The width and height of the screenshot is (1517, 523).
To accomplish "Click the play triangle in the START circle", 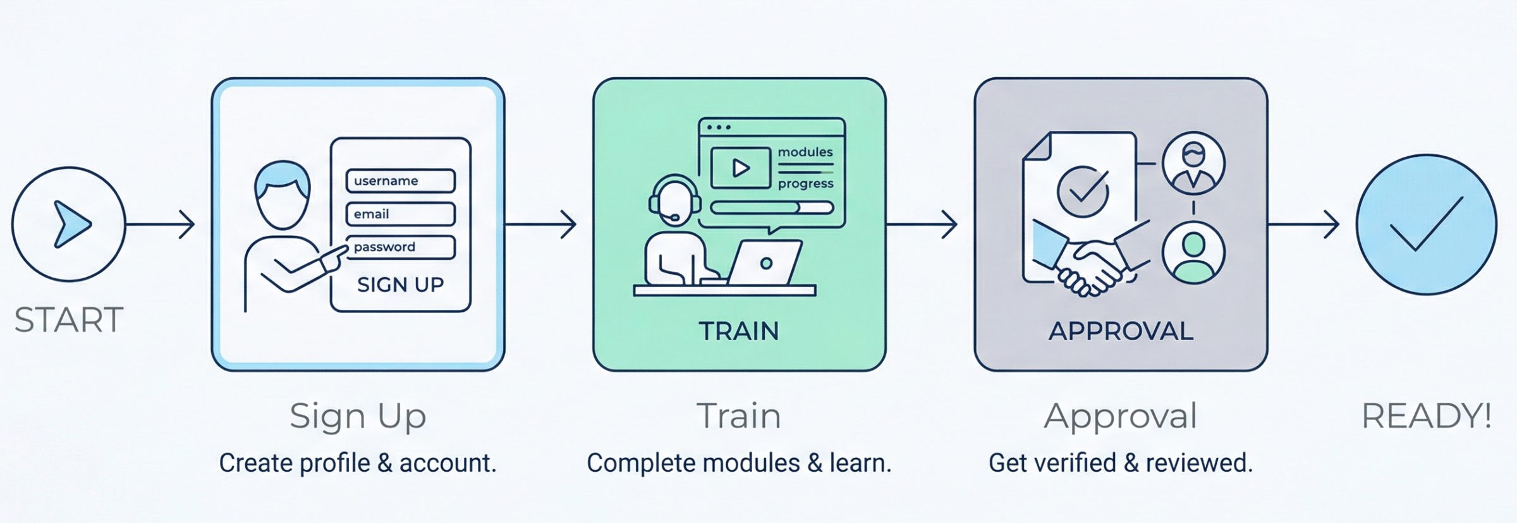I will [x=71, y=224].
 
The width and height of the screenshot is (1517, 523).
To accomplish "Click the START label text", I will [x=68, y=320].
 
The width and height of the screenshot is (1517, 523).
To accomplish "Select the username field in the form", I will [x=400, y=181].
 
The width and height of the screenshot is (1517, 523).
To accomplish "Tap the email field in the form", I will [x=400, y=214].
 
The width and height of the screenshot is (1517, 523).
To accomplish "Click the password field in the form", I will [x=400, y=247].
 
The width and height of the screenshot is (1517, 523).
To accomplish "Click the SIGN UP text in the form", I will [x=400, y=285].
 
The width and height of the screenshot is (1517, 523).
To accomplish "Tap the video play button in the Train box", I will [x=740, y=168].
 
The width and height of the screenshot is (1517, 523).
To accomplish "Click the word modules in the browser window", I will [x=805, y=152].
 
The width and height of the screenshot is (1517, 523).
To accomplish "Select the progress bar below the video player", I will [x=771, y=207].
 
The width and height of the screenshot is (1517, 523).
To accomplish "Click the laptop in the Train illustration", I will [x=765, y=263].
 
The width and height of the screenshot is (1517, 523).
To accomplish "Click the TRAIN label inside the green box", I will [x=738, y=331].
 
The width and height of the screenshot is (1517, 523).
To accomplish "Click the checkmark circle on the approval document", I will [x=1082, y=191].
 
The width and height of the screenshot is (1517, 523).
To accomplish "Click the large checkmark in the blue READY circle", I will [x=1426, y=225].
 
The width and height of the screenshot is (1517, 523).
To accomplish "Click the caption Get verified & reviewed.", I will [x=1120, y=463].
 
